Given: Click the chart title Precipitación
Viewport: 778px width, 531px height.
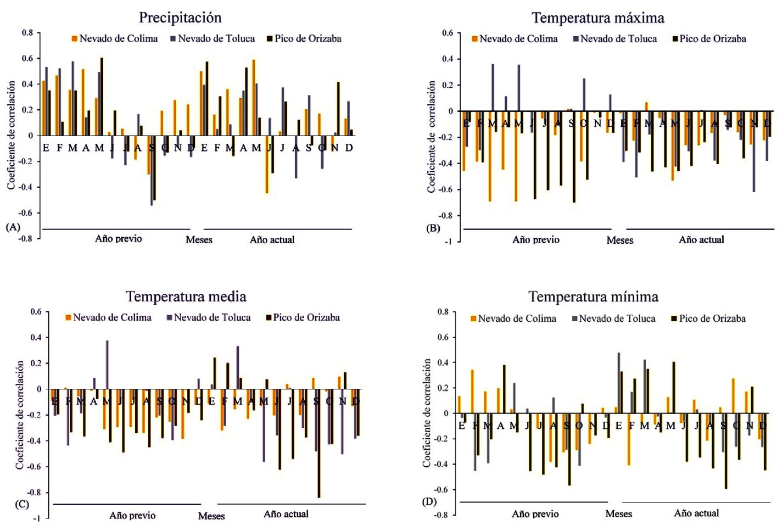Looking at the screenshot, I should coord(180,18).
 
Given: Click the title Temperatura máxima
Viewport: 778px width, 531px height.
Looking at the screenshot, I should coord(598,18).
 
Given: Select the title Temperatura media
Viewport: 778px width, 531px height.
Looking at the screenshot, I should coord(186,297).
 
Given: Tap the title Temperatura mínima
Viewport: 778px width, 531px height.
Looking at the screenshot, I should coord(593,297).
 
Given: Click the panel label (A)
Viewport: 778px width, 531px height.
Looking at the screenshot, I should coord(13,226).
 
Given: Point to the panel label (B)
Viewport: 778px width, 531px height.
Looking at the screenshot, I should coord(433,228).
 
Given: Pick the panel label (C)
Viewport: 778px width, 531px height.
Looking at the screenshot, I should coord(21,504).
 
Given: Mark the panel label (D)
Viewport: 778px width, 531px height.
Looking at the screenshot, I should coord(429,501).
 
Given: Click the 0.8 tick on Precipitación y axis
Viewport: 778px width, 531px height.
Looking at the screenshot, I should coord(27,33).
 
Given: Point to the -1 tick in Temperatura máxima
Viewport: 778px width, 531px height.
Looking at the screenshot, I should coord(449,241).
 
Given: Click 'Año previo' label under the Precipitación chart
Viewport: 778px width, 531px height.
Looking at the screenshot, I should coord(118,239).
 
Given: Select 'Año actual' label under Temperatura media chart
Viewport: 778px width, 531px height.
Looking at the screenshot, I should coord(286,514).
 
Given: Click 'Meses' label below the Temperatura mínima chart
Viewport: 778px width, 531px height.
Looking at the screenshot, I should coord(619,514).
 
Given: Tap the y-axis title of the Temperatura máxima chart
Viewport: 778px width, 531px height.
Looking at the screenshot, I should coord(432,137).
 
